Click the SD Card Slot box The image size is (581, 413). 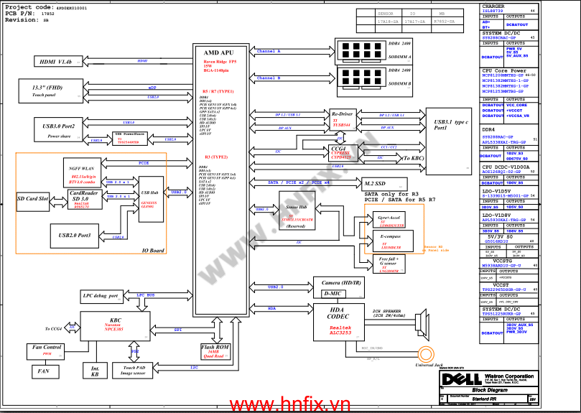point(33,198)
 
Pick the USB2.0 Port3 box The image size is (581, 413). point(75,235)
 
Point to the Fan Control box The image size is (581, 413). point(47,351)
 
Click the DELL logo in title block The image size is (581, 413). point(457,379)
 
